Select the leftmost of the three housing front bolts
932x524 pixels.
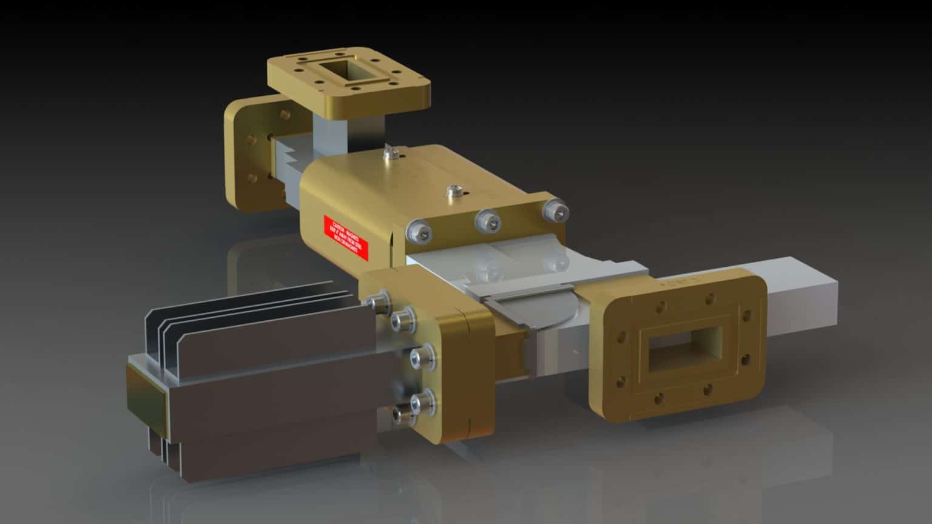tap(419, 232)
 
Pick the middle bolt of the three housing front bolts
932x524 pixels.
tap(487, 220)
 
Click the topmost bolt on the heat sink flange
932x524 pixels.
tap(380, 301)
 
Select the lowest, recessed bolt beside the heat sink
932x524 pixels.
tap(400, 415)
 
